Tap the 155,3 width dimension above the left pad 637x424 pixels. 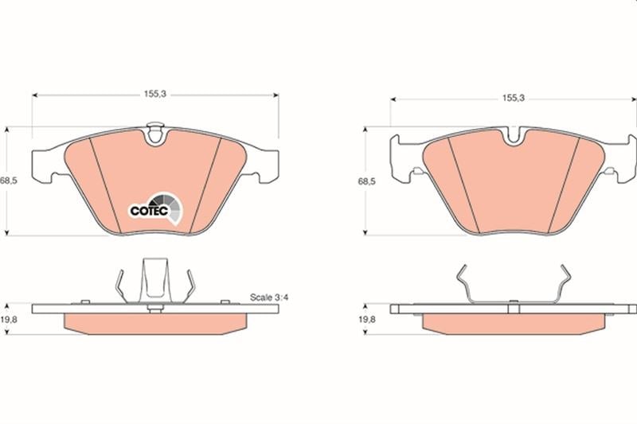(155, 94)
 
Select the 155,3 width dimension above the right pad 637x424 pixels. (513, 98)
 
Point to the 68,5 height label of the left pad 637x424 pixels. (8, 181)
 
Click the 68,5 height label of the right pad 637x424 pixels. (366, 181)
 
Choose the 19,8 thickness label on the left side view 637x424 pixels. (8, 319)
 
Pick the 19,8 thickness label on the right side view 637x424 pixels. (366, 319)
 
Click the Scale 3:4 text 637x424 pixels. (269, 298)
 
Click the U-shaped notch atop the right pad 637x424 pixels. (514, 135)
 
